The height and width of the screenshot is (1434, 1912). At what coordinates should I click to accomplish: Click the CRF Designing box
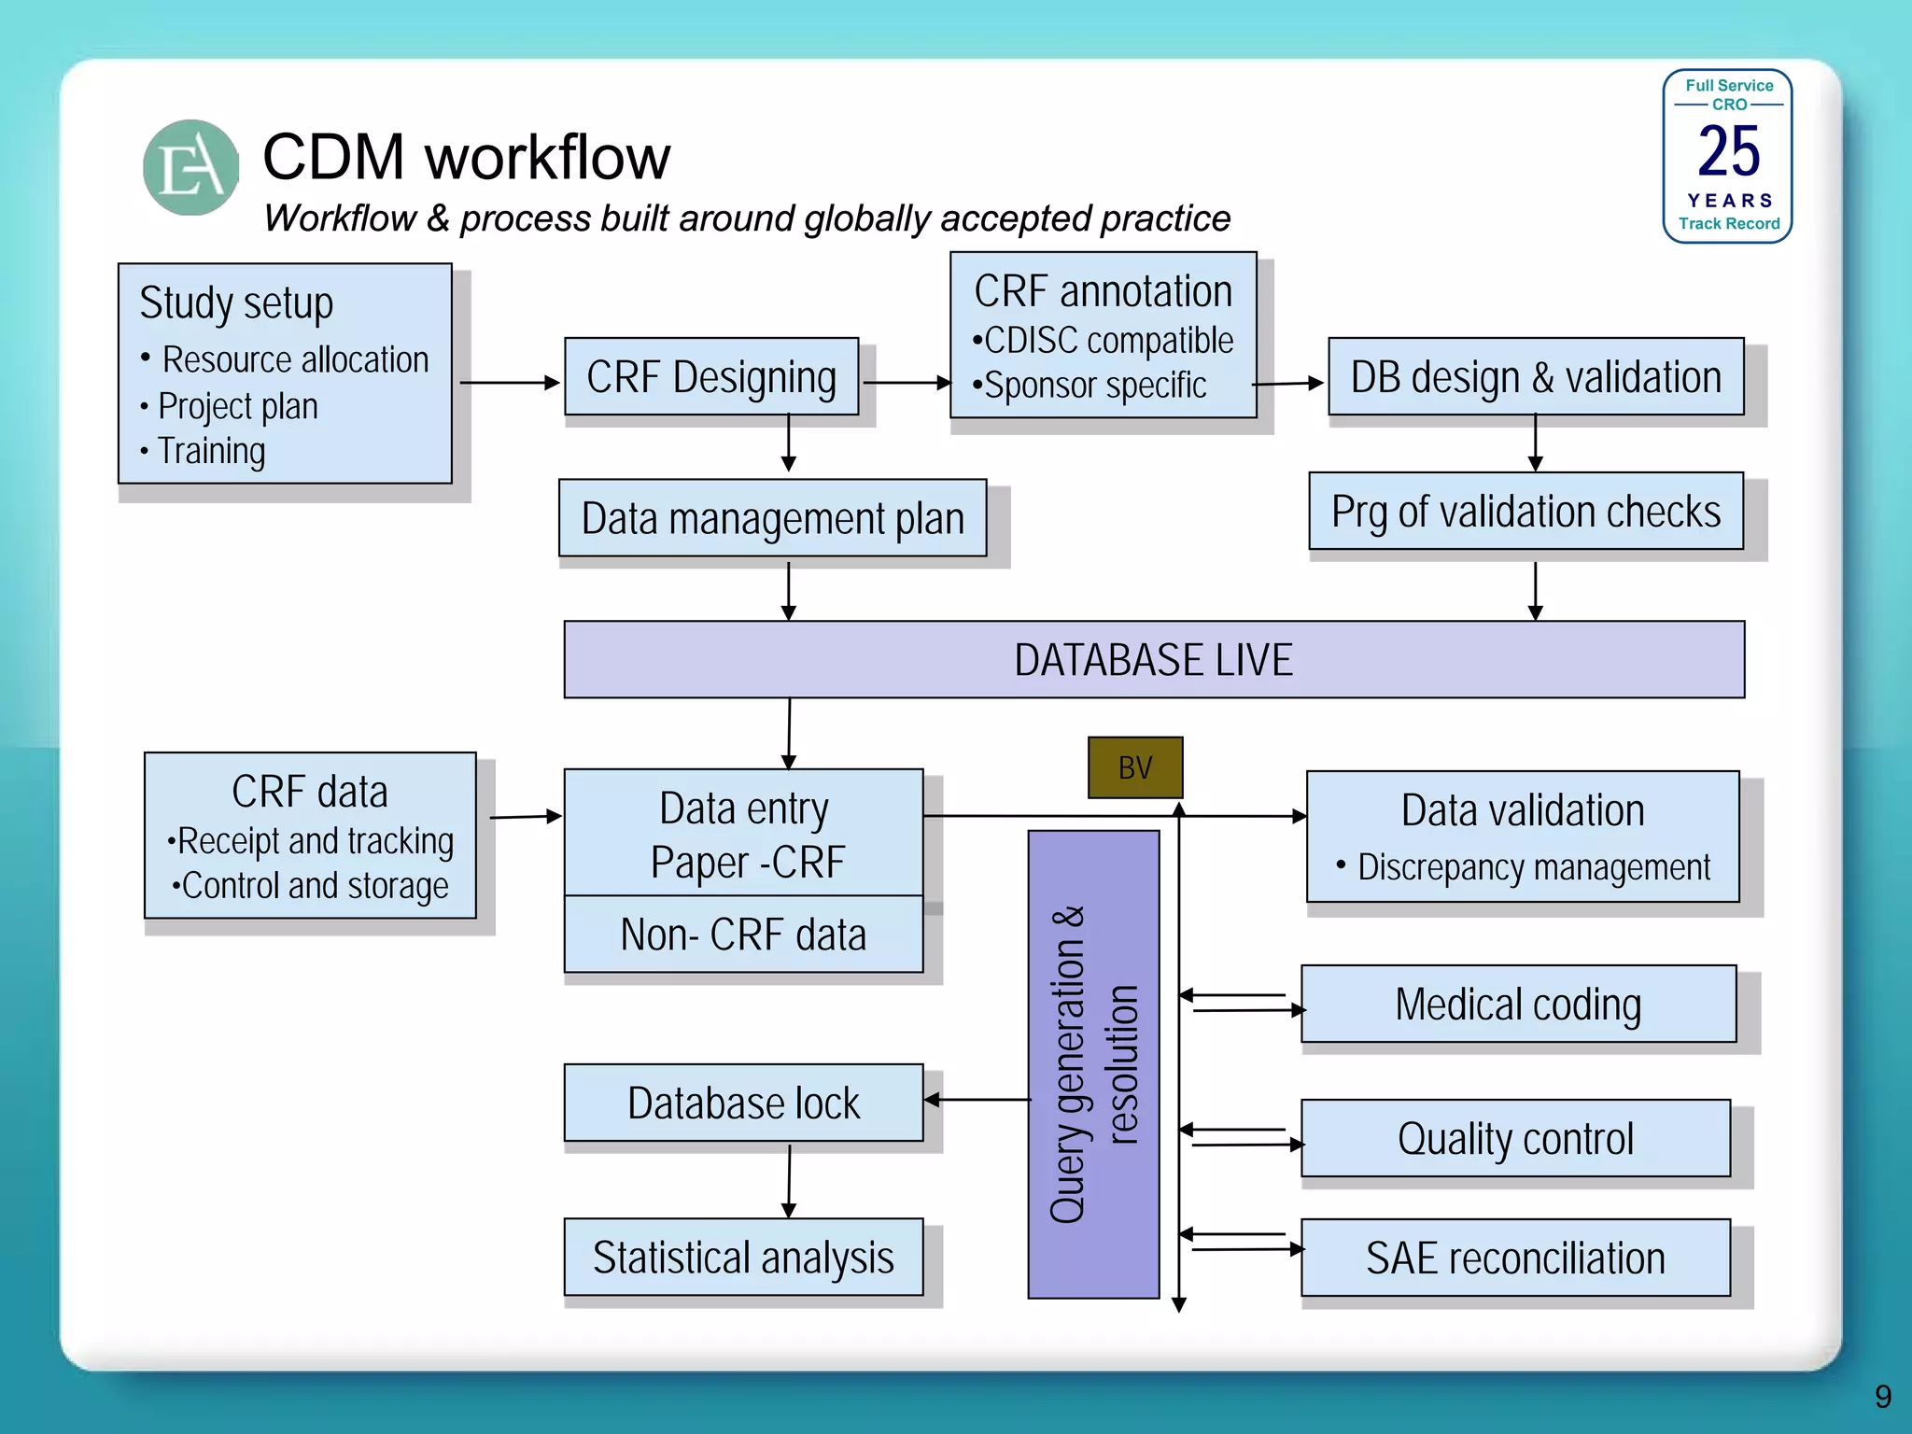point(711,377)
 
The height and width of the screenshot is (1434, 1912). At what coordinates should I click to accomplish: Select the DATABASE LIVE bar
point(1154,660)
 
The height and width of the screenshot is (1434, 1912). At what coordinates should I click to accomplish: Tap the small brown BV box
point(1135,767)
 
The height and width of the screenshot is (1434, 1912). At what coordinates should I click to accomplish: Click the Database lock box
point(743,1103)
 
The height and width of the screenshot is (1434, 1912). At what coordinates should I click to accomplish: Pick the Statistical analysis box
point(743,1257)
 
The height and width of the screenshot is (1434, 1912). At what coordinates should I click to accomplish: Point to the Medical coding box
point(1518,1004)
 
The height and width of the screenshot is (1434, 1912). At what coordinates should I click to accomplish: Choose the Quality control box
point(1515,1138)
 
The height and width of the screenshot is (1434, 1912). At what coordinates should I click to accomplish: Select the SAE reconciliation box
point(1515,1258)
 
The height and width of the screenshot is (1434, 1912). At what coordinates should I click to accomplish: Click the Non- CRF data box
point(743,935)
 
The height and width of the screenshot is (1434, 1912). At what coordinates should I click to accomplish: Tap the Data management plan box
point(772,518)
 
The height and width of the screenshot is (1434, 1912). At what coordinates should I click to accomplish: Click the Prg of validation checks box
point(1525,512)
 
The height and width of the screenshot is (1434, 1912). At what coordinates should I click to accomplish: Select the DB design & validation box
point(1536,377)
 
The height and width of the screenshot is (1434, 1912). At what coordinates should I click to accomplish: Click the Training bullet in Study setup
point(212,451)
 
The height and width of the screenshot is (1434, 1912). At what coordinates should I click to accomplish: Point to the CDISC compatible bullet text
point(1108,341)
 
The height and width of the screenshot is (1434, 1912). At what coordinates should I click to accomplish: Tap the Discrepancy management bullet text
point(1533,867)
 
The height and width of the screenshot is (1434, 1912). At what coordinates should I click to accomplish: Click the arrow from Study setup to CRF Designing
point(509,383)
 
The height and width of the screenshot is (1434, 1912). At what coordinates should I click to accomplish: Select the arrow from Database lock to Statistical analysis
point(789,1179)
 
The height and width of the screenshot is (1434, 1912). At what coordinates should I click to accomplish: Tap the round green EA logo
point(191,168)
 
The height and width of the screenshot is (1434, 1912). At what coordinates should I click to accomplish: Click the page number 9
point(1882,1397)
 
